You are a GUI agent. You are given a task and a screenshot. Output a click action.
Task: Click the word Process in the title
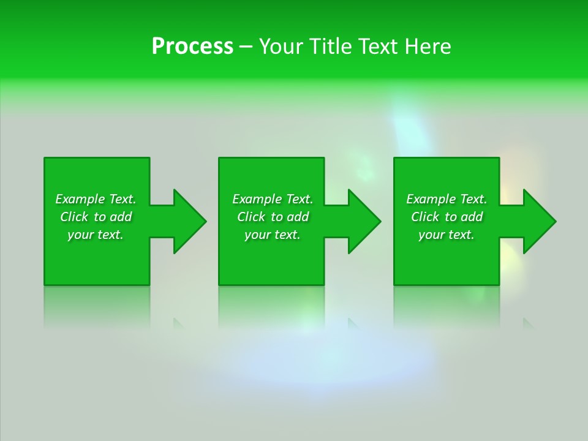point(192,47)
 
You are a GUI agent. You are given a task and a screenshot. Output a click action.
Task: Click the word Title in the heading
point(331,47)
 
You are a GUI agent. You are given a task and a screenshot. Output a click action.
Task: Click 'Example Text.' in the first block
point(96,199)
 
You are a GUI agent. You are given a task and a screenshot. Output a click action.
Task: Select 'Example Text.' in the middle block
point(273,199)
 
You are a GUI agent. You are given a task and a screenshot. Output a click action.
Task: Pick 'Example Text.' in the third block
point(447,199)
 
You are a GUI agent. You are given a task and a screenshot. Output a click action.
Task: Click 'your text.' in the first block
point(96,235)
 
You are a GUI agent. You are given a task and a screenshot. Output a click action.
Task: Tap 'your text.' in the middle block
point(273,235)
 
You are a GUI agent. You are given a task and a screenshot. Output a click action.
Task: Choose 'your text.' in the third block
point(447,235)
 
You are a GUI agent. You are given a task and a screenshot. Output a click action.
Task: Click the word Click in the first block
point(74,217)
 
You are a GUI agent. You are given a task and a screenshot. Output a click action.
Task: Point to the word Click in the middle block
point(251,217)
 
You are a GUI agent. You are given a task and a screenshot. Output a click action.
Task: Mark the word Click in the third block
point(425,217)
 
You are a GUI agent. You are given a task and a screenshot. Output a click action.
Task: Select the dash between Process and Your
point(246,47)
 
